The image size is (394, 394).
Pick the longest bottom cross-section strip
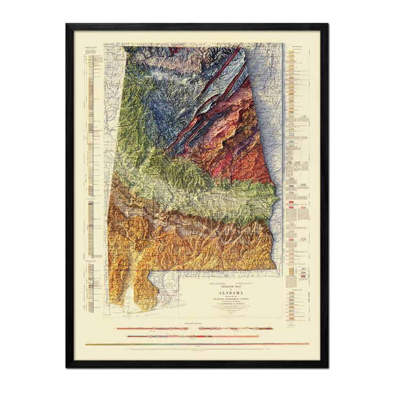[196, 344]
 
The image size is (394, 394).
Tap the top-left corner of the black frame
[67, 25]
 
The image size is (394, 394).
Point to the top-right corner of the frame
[326, 25]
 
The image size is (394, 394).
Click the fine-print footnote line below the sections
[196, 352]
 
